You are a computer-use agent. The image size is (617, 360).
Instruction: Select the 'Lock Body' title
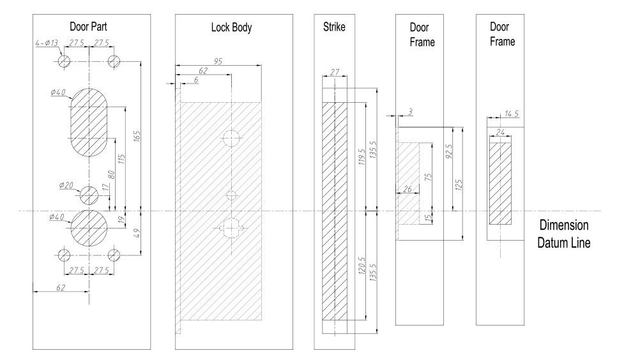[x=231, y=29]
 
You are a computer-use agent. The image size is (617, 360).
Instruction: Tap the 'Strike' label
[x=334, y=29]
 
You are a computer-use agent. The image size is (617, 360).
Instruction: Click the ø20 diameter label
[x=66, y=185]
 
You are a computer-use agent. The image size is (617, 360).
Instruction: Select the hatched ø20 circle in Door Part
[x=89, y=194]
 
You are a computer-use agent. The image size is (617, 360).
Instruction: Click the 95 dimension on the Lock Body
[x=218, y=61]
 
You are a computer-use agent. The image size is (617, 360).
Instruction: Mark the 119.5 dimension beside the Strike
[x=362, y=155]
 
